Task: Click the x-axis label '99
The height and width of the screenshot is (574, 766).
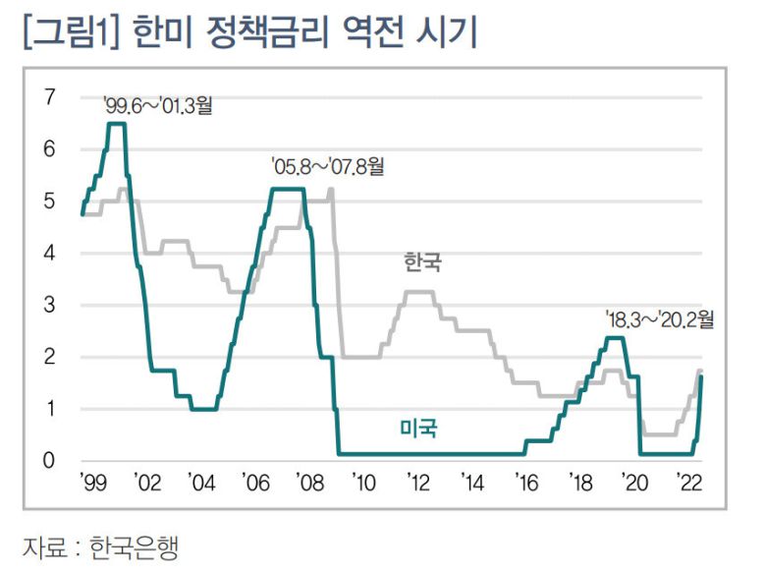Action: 91,484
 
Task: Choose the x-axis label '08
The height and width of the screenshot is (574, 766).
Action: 309,484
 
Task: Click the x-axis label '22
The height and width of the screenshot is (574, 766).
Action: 688,484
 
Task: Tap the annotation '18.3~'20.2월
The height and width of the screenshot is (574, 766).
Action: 660,319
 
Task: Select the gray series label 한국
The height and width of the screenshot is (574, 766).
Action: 423,263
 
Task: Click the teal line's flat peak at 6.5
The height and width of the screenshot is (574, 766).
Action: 116,124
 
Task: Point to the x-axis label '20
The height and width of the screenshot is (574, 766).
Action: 634,484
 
